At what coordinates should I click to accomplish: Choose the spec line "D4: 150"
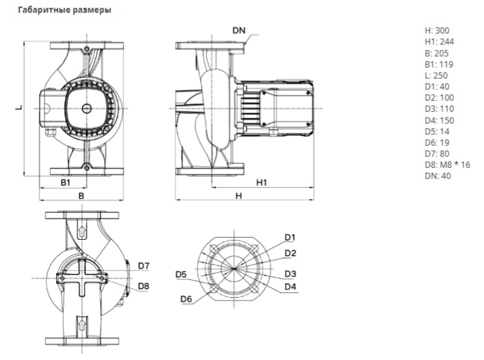coord(440,120)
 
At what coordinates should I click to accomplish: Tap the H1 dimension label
coord(262,183)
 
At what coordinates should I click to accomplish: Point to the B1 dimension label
coord(64,184)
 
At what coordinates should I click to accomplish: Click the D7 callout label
coord(144,265)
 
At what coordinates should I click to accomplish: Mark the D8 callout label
coord(144,285)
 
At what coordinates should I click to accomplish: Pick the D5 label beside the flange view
coord(180,275)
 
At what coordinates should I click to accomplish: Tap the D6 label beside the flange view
coord(185,299)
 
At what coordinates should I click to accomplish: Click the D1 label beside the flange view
coord(290,237)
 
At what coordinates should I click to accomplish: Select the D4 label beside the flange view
coord(290,286)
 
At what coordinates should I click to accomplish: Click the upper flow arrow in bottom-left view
coord(82,232)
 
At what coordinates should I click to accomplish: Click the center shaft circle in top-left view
coord(85,108)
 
